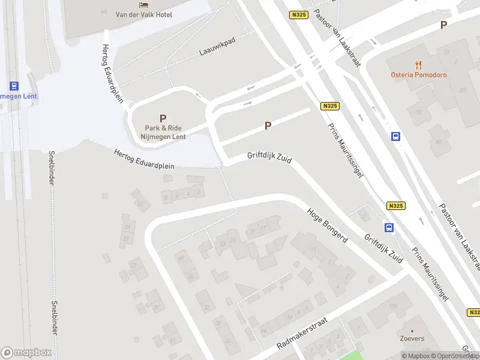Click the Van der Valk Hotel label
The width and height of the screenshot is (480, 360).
click(x=144, y=14)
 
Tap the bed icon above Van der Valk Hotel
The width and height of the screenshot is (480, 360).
click(x=144, y=5)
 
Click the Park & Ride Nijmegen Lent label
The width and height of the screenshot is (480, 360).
click(x=163, y=132)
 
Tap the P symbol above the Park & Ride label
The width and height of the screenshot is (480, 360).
click(x=163, y=119)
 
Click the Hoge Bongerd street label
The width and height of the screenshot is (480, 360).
click(x=328, y=225)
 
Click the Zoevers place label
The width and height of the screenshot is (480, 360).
click(x=412, y=338)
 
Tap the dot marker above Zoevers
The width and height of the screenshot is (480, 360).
click(x=412, y=331)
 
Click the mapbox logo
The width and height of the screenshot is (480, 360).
click(x=26, y=353)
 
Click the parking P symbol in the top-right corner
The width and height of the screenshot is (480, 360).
click(x=443, y=25)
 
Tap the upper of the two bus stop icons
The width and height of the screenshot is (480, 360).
click(x=396, y=136)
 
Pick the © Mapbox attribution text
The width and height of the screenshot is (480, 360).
click(x=415, y=356)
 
